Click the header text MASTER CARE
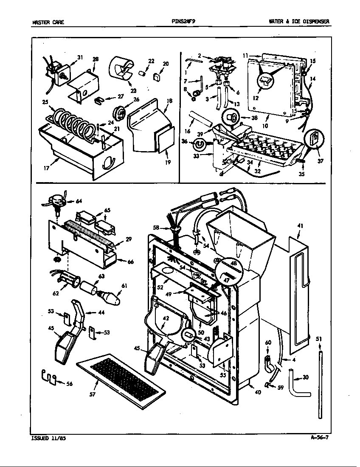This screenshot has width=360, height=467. coord(48,22)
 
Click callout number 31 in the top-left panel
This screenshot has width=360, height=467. coord(80,58)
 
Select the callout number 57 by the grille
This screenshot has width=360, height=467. coord(93,394)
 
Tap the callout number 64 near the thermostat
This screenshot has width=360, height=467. coord(79,201)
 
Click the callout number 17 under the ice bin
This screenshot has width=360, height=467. coord(46,168)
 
